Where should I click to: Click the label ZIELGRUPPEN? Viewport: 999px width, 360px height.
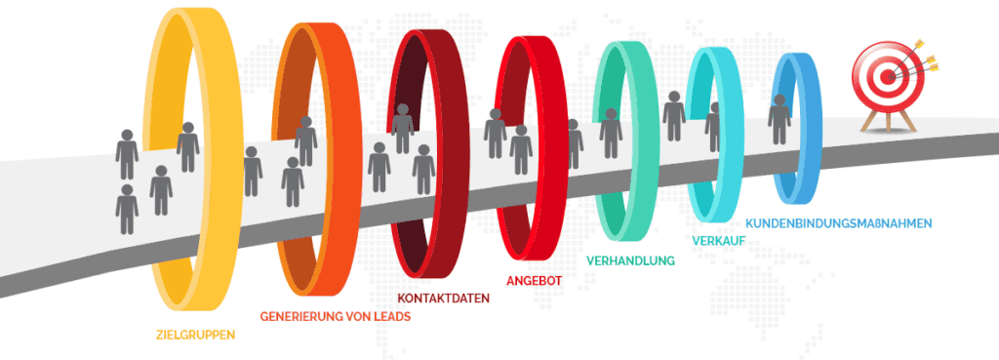(x=195, y=335)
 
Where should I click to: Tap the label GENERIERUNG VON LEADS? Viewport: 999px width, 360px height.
(x=335, y=316)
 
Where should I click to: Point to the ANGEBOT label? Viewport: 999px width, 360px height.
(x=534, y=280)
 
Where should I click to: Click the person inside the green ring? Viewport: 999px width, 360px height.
(x=611, y=133)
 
